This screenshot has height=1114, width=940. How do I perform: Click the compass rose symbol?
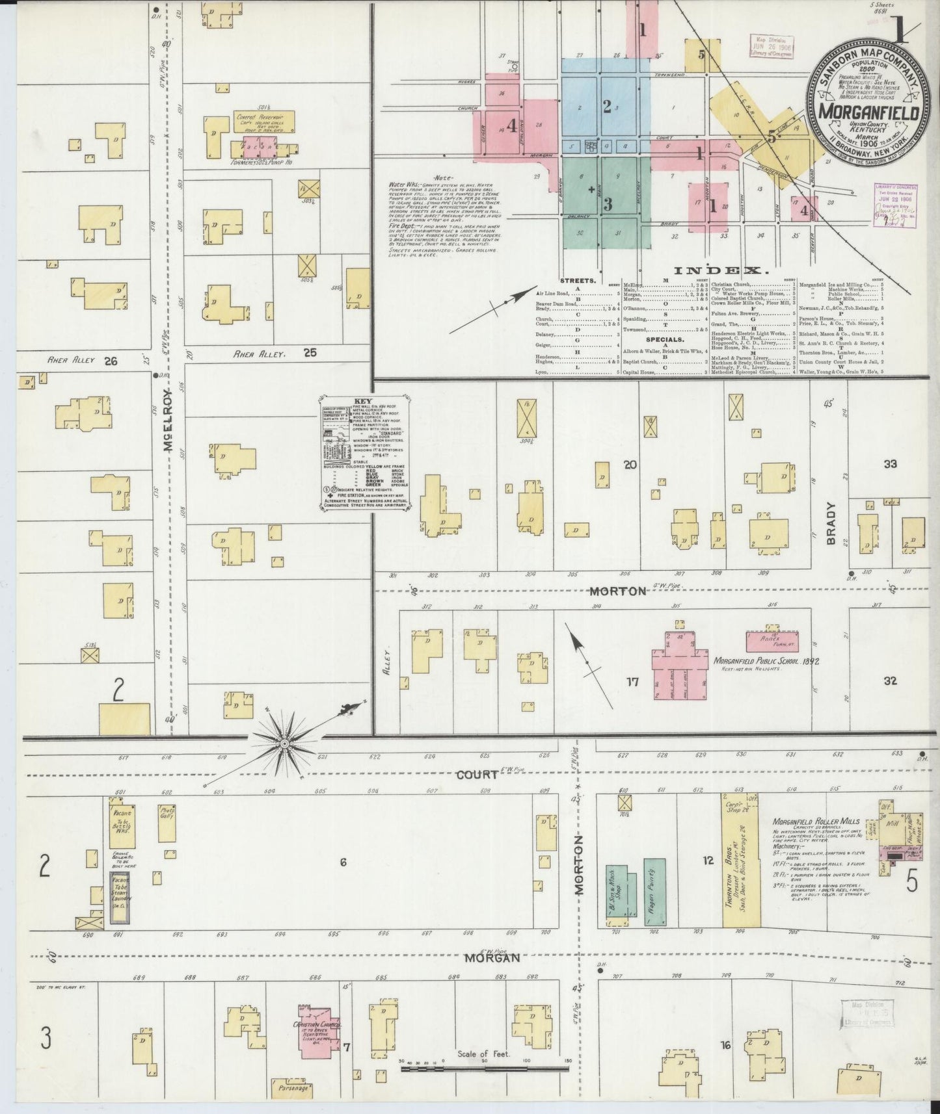[x=284, y=742]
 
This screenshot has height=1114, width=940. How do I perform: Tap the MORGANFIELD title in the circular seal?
[x=868, y=112]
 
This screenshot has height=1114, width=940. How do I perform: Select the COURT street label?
[x=477, y=775]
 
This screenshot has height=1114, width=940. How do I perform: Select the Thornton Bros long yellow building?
[x=740, y=861]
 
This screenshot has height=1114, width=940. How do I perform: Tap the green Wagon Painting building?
[x=655, y=892]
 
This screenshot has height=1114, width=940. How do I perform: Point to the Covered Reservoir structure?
[x=264, y=122]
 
